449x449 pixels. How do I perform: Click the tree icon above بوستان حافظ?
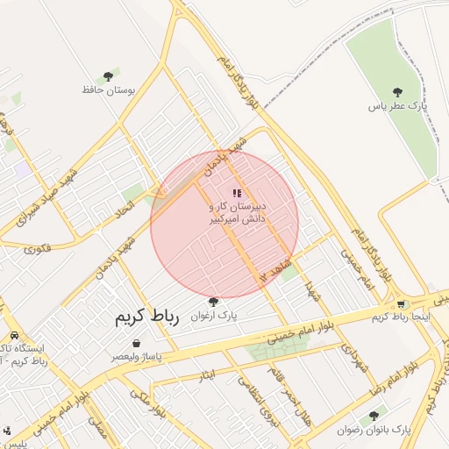coord(108,76)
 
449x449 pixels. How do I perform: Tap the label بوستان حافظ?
coord(107,89)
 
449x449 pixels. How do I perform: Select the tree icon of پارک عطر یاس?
coord(398,91)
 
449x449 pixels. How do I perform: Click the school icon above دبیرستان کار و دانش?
coord(236,193)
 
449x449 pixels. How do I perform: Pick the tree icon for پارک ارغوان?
coord(213,301)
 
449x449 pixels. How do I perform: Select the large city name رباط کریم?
coord(146,318)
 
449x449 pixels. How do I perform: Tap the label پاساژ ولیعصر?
coord(135,357)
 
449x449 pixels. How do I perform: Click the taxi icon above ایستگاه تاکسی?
coord(15,336)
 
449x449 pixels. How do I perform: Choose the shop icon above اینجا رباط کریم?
coord(402,304)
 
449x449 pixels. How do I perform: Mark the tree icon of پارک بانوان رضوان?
coord(374,416)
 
